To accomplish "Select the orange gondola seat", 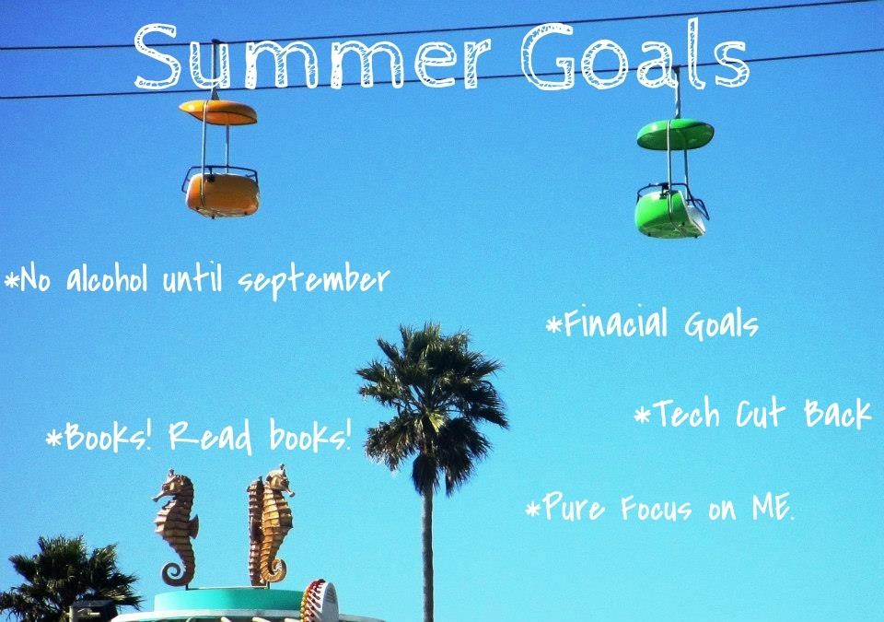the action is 222,193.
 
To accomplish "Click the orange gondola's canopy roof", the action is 218,111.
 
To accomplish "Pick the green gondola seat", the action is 671,211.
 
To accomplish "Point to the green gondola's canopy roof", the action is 675,135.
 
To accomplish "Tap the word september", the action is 313,280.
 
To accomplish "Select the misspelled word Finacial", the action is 616,323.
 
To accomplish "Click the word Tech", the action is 686,413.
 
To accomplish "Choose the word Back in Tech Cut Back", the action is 838,413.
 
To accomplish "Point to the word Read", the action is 210,436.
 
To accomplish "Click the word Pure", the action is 574,506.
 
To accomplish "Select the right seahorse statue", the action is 270,525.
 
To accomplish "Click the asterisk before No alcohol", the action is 11,279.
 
